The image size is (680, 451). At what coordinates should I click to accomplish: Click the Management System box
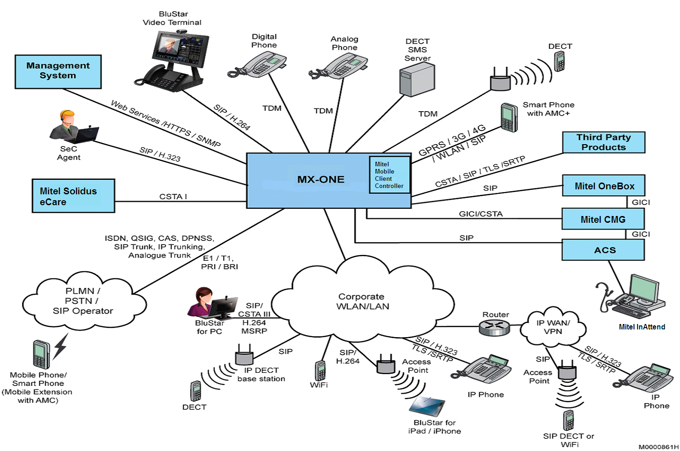click(x=58, y=71)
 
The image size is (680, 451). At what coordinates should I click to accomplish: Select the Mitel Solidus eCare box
click(x=73, y=196)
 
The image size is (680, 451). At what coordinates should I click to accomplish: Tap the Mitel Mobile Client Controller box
click(x=389, y=175)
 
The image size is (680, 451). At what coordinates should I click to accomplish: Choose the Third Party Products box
click(x=603, y=142)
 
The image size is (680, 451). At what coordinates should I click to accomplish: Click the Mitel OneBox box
click(x=603, y=186)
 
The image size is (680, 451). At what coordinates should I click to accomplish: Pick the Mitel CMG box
click(x=603, y=219)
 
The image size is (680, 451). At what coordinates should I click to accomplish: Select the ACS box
click(x=603, y=250)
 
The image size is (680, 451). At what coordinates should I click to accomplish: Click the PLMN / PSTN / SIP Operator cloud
click(x=84, y=301)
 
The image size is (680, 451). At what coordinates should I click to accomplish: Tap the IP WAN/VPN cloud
click(x=553, y=327)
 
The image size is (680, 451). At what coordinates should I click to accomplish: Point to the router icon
click(x=494, y=327)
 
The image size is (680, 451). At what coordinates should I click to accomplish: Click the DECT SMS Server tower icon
click(x=417, y=80)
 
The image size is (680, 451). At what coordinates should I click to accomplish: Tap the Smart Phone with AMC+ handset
click(x=509, y=117)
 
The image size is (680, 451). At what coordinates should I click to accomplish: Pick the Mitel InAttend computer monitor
click(x=644, y=289)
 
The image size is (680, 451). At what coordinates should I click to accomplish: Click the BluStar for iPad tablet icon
click(x=427, y=406)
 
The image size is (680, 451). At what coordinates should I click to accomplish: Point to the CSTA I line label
click(x=173, y=197)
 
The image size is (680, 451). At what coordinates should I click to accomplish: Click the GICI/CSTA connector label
click(x=481, y=214)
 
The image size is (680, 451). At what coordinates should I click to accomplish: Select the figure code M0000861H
click(x=658, y=446)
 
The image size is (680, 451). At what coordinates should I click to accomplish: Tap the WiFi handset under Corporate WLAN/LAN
click(x=320, y=371)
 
